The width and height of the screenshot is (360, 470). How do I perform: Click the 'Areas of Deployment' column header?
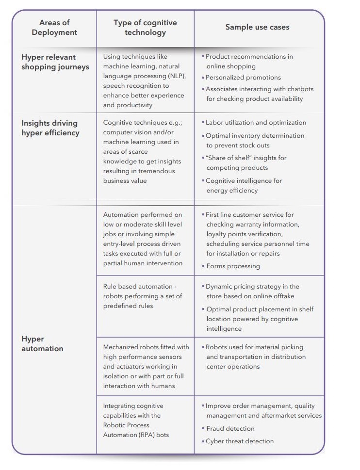54,28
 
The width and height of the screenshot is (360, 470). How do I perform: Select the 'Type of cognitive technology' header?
145,28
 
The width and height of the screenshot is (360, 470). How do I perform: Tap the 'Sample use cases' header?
257,27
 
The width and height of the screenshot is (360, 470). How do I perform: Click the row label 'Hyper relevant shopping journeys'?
55,62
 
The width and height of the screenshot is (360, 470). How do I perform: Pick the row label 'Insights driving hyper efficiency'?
50,128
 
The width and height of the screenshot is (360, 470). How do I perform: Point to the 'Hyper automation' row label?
42,343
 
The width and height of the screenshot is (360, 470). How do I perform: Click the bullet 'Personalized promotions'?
243,78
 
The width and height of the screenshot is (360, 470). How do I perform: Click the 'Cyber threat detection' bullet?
240,441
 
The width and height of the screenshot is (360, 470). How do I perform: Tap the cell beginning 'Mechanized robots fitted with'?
146,366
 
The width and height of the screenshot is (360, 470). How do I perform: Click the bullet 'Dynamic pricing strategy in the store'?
252,291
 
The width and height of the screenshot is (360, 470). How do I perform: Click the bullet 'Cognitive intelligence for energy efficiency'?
244,185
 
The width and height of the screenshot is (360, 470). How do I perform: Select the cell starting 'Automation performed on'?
143,239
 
